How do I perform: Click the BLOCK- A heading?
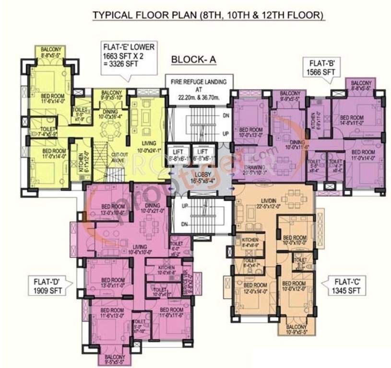[194, 59]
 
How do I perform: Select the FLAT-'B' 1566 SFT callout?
[320, 67]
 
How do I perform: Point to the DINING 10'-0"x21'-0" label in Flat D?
[154, 208]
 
